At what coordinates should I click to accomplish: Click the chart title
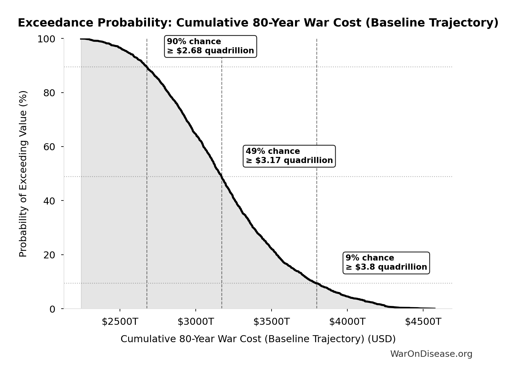(258, 23)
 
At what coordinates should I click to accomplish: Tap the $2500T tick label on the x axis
(120, 322)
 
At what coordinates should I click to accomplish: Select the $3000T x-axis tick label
(195, 322)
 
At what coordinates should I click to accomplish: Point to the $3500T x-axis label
(271, 322)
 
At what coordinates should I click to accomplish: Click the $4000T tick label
(347, 322)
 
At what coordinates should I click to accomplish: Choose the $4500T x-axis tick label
(423, 322)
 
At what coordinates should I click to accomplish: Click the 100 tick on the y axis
(46, 39)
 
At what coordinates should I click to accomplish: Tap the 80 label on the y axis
(49, 93)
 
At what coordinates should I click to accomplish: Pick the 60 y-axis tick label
(49, 147)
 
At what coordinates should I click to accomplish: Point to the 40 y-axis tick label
(49, 201)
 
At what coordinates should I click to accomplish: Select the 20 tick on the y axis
(49, 255)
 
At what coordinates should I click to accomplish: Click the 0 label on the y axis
(52, 309)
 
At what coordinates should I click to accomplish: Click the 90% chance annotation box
(210, 46)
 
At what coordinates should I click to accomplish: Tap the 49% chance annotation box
(289, 156)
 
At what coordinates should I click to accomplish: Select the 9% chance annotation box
(386, 263)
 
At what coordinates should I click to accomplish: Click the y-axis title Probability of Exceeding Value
(23, 174)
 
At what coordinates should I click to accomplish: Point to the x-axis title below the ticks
(258, 339)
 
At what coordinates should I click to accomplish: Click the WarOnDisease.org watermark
(431, 354)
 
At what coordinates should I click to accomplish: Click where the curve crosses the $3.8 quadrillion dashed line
(317, 283)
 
